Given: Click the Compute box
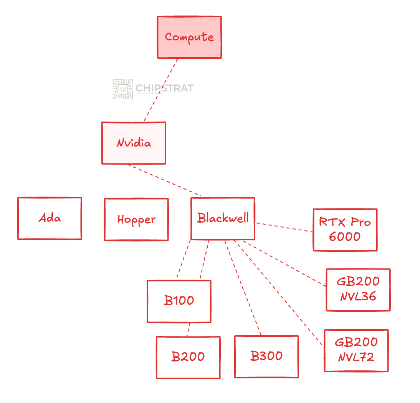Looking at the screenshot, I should [189, 37].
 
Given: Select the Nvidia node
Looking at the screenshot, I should [134, 143].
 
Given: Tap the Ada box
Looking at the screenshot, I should [50, 218].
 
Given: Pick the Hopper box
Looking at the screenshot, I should [136, 220].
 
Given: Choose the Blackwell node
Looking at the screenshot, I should [223, 218].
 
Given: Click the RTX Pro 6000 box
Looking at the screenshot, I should [345, 230].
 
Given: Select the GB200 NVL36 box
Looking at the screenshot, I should [358, 290].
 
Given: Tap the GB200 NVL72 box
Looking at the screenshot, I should [356, 350].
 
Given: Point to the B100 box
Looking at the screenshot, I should [179, 301].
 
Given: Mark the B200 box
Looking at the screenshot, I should [188, 357].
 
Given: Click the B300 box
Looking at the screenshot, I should [266, 356].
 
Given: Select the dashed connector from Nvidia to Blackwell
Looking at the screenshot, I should [164, 180].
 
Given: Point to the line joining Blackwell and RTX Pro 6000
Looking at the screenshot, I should [284, 227].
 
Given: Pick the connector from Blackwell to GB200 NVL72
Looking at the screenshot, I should [278, 292].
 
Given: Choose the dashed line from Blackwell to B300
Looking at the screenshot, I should [243, 288].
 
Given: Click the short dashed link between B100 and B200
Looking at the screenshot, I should [189, 330].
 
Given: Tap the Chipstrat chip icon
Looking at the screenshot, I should [122, 90].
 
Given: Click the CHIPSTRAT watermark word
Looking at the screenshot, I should [164, 88].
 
